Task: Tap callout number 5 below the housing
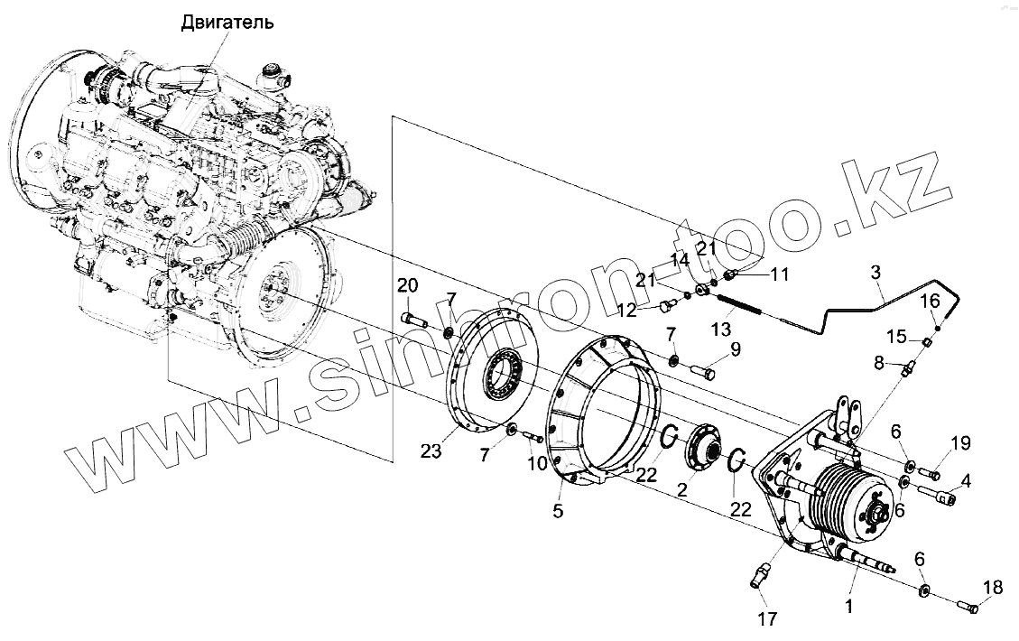coord(558,511)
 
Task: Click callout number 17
coord(767,618)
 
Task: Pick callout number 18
coord(991,588)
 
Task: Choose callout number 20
coord(408,285)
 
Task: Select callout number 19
coord(959,442)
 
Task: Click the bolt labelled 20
coord(412,318)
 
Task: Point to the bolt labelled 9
coord(705,370)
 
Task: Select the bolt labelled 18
coord(968,608)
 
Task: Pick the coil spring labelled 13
coord(741,307)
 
